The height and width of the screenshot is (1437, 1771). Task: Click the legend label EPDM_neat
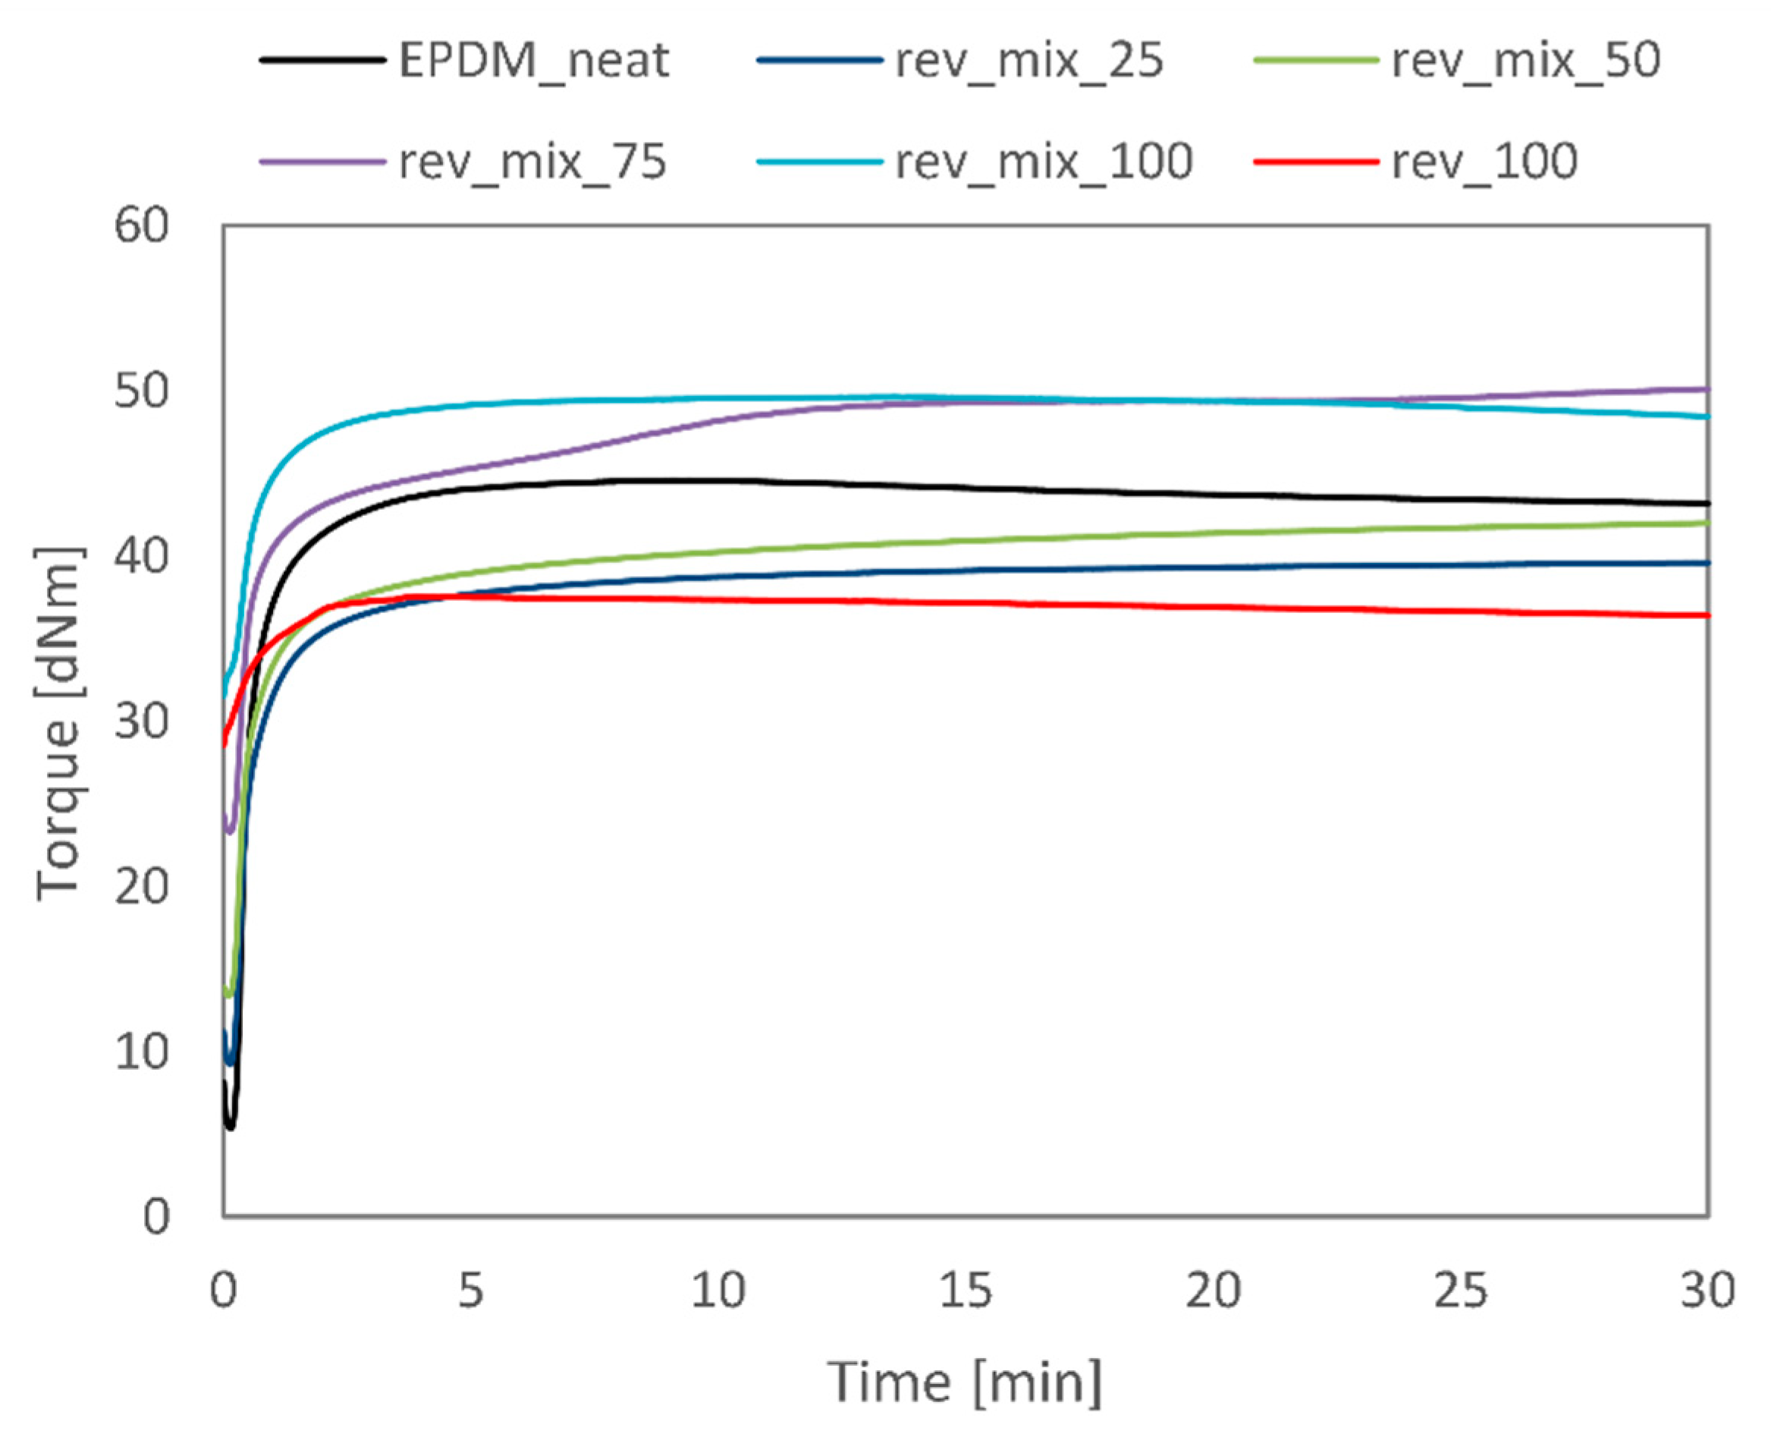(x=533, y=61)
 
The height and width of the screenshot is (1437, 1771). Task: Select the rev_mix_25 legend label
(x=1028, y=61)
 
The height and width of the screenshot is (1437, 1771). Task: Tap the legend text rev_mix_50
(x=1525, y=61)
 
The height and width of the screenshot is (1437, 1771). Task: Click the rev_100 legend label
(x=1484, y=162)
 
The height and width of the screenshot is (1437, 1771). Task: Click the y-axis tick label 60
(x=142, y=225)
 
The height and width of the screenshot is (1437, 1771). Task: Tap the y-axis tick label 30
(x=142, y=721)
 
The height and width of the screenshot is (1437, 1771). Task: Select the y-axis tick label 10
(x=142, y=1052)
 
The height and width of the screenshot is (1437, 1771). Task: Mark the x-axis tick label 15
(x=965, y=1290)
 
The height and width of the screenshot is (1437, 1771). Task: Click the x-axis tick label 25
(x=1460, y=1290)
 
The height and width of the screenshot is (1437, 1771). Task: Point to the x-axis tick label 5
(x=470, y=1290)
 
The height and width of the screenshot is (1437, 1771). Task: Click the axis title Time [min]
(x=965, y=1382)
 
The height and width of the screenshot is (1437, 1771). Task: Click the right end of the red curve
(x=1707, y=615)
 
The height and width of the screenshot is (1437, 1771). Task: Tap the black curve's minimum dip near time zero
(x=230, y=1127)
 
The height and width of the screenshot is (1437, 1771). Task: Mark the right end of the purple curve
(x=1707, y=389)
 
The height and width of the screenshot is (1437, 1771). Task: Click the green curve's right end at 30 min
(x=1707, y=522)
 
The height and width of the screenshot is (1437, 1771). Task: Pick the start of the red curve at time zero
(x=225, y=743)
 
